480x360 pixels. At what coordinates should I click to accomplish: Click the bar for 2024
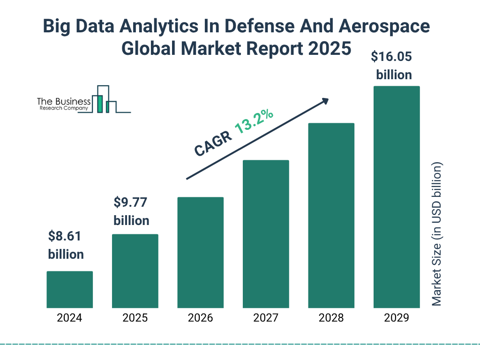[x=69, y=289]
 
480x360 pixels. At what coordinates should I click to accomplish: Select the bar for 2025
[x=135, y=271]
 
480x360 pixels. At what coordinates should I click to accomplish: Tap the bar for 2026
[x=200, y=252]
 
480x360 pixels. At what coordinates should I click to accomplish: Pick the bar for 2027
[x=266, y=234]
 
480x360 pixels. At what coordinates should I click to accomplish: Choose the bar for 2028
[x=331, y=216]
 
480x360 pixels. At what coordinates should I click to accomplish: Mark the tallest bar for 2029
[x=397, y=197]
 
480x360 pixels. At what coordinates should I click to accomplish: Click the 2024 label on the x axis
[x=69, y=318]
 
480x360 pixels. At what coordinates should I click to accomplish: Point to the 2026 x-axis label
[x=200, y=318]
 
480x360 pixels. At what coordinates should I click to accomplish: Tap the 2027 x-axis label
[x=266, y=318]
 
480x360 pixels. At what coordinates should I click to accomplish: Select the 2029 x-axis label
[x=397, y=318]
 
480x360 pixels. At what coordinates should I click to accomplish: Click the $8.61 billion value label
[x=66, y=245]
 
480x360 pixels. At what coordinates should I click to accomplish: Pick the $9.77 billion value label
[x=131, y=211]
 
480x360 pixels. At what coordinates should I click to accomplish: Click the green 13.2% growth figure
[x=254, y=122]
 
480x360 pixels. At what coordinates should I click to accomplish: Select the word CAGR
[x=212, y=143]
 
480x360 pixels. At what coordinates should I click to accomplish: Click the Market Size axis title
[x=437, y=234]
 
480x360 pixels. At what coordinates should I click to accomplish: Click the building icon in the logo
[x=104, y=100]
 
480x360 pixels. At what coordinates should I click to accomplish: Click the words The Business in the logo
[x=64, y=102]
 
